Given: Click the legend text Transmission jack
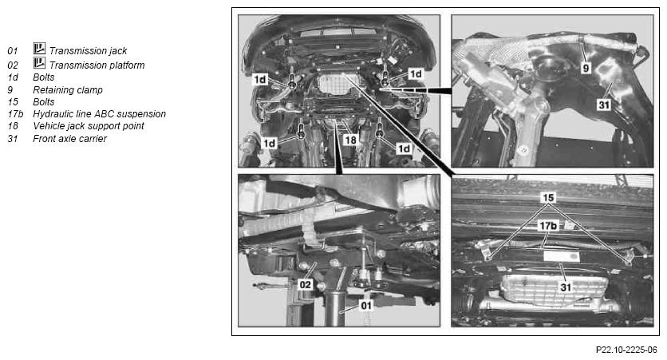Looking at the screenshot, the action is (x=88, y=50).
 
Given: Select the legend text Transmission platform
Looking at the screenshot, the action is (x=97, y=65).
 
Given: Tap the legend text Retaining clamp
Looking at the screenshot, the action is (x=68, y=89).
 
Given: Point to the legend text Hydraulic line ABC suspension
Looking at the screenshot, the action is (x=100, y=114).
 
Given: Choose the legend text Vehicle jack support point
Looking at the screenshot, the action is (x=89, y=126).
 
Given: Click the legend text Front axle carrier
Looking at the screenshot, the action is (x=69, y=138).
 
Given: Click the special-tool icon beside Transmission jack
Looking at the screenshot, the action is (x=39, y=49).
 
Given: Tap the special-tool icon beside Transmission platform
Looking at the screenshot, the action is (x=39, y=63).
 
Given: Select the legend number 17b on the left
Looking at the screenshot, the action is (x=15, y=114).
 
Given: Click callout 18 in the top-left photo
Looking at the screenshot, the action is (x=350, y=140).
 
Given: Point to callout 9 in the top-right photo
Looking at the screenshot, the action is (x=586, y=68).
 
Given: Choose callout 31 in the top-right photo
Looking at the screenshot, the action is (x=604, y=105).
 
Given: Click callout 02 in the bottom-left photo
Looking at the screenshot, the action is (x=306, y=284).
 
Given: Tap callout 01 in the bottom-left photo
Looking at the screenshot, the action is (x=366, y=306).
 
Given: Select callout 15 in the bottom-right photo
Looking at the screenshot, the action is (x=548, y=197).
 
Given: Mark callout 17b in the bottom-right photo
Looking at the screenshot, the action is (x=548, y=226).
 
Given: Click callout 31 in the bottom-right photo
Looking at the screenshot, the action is (x=566, y=287).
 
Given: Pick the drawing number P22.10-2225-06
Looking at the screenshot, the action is (x=626, y=350).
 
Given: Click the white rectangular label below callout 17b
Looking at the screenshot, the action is (x=562, y=256).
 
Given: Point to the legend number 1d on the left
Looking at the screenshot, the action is (x=13, y=77).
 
